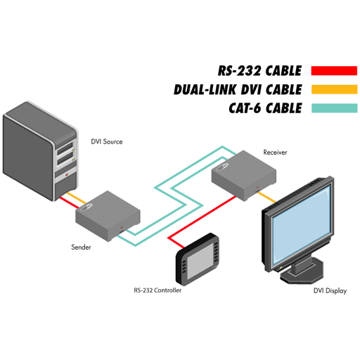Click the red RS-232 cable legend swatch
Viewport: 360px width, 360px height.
coord(334,70)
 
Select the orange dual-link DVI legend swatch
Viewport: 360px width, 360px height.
coord(335,89)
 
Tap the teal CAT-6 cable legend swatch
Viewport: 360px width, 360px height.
coord(335,108)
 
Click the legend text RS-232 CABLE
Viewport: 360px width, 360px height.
coord(259,71)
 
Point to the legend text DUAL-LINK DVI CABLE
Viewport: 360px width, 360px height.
coord(238,89)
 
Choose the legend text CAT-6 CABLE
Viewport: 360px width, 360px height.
coord(265,108)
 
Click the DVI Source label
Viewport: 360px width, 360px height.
coord(107,141)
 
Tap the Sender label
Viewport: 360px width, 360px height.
coord(81,247)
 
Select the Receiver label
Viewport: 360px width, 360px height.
coord(275,153)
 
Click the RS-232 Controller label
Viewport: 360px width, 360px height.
coord(157,290)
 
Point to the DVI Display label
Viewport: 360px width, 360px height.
coord(330,290)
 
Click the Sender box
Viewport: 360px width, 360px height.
coord(108,216)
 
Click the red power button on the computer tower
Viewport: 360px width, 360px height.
coord(67,175)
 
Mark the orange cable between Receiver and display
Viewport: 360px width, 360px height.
coord(266,197)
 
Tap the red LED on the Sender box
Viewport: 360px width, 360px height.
coord(122,228)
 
